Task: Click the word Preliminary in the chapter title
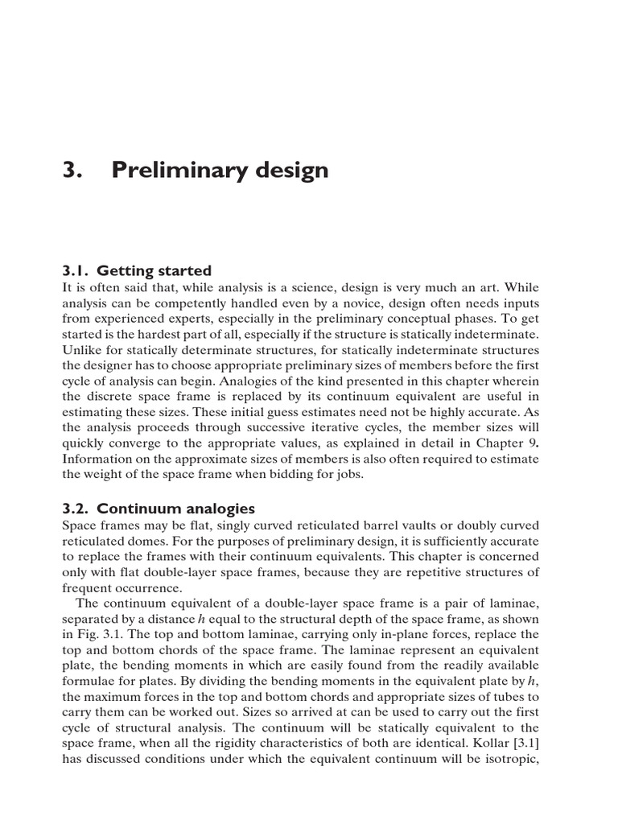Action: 163,171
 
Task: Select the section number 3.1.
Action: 77,270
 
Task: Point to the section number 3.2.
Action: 77,509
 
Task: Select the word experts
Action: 214,318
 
